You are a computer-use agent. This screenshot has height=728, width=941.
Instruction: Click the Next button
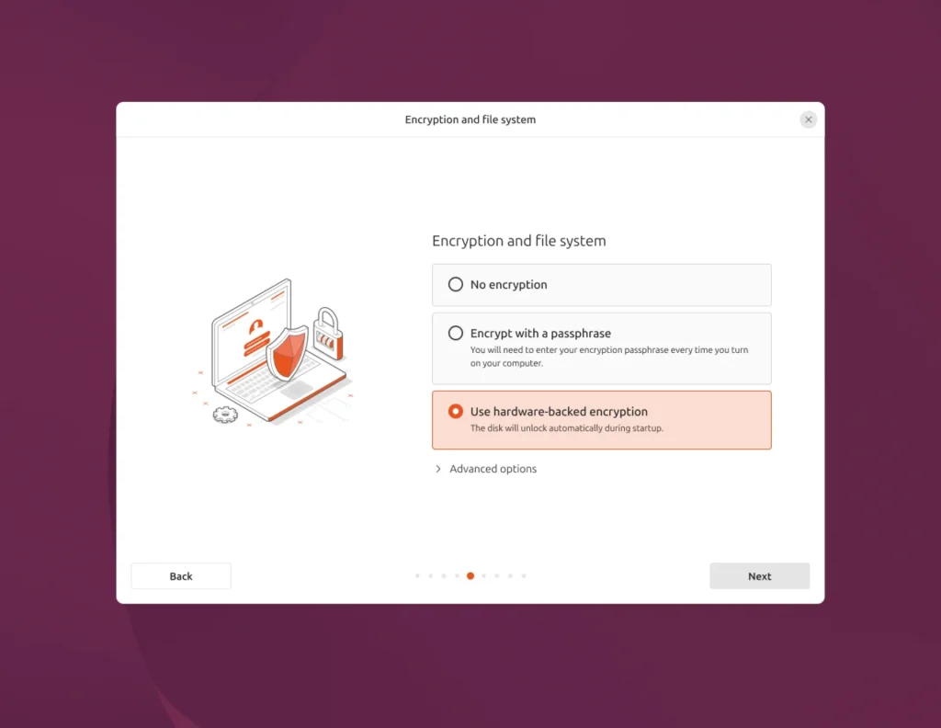[759, 576]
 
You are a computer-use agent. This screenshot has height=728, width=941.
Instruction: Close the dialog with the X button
[808, 119]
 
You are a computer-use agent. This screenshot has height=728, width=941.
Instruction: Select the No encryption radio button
[456, 285]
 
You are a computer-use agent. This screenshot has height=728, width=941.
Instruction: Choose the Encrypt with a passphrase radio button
[456, 334]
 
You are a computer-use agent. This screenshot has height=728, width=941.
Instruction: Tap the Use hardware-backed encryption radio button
[456, 412]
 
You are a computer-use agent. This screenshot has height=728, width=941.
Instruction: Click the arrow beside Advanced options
[438, 469]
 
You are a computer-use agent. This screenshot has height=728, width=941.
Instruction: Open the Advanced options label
[493, 469]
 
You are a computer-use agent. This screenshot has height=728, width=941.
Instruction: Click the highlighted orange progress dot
[470, 576]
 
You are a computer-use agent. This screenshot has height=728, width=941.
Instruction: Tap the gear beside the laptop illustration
[225, 415]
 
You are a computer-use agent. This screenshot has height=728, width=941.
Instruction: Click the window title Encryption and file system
[470, 119]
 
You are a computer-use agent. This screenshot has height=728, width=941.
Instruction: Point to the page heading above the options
[518, 241]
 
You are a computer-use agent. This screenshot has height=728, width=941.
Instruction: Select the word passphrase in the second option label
[581, 334]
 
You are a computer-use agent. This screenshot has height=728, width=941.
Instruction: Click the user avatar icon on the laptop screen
[258, 325]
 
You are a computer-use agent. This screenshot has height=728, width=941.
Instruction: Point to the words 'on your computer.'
[506, 363]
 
